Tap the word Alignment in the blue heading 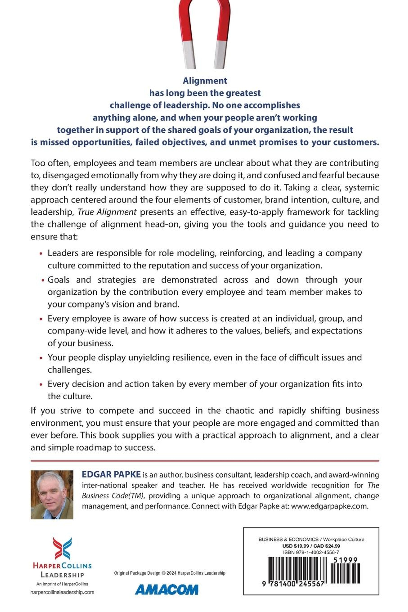coord(205,81)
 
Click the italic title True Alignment coord(107,212)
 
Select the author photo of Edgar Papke coord(52,495)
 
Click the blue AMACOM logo coord(167,589)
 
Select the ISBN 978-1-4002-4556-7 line coord(311,552)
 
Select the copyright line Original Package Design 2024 coord(170,573)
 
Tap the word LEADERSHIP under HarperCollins coord(62,575)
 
